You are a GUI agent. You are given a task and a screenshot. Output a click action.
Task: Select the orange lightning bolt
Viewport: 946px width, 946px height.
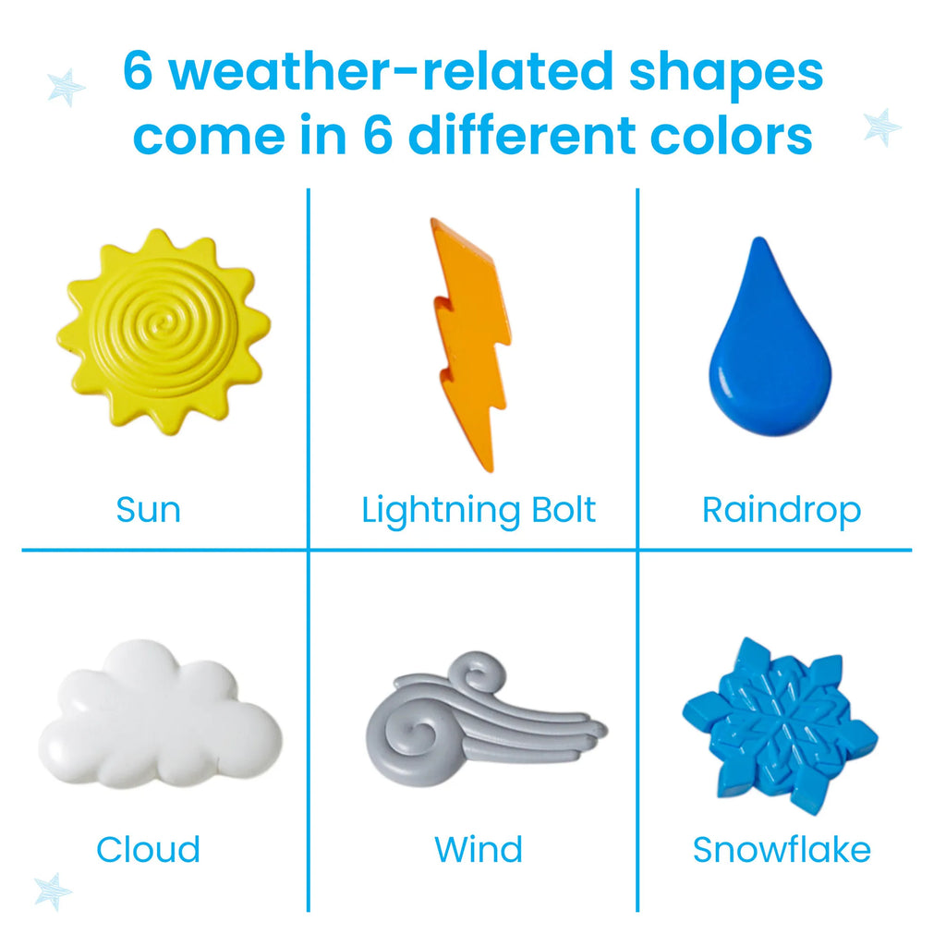tap(471, 342)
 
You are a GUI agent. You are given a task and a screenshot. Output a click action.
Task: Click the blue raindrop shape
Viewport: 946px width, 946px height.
tap(769, 351)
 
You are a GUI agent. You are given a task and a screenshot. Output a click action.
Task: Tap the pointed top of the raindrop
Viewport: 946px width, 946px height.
tap(759, 243)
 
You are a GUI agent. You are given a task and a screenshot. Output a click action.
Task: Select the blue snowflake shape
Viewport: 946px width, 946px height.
tap(780, 724)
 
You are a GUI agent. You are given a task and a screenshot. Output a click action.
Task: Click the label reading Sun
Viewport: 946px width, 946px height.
tap(149, 510)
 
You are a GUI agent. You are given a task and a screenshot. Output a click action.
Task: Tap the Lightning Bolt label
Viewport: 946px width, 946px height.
tap(479, 510)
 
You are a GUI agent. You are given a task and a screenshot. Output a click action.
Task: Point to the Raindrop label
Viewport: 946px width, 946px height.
tap(782, 510)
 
